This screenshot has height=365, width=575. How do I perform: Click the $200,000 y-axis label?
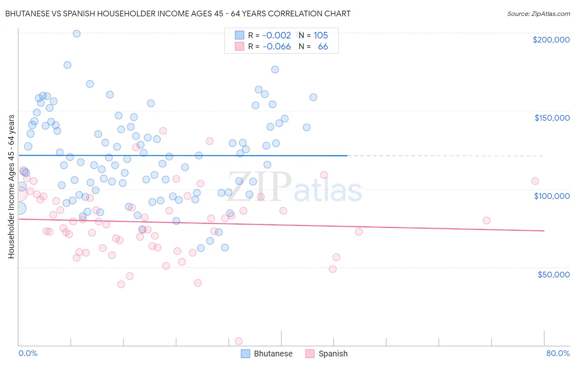pyautogui.click(x=551, y=40)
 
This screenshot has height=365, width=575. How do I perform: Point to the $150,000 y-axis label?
pyautogui.click(x=552, y=118)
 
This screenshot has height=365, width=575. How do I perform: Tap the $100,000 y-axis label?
pyautogui.click(x=552, y=196)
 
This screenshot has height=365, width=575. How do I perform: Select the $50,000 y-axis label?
pyautogui.click(x=553, y=274)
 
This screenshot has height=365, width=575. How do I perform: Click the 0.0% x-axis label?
pyautogui.click(x=28, y=353)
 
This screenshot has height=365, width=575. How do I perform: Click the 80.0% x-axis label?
pyautogui.click(x=558, y=353)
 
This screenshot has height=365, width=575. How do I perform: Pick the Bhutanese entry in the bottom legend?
pyautogui.click(x=267, y=354)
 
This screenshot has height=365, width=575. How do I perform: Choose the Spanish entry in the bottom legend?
pyautogui.click(x=326, y=354)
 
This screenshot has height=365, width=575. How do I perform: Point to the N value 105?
pyautogui.click(x=321, y=36)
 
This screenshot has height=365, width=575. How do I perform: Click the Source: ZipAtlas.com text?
pyautogui.click(x=538, y=14)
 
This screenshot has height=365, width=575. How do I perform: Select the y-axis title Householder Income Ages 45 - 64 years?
pyautogui.click(x=11, y=187)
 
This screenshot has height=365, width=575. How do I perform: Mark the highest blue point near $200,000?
pyautogui.click(x=76, y=34)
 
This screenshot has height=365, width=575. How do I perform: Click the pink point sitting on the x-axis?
pyautogui.click(x=239, y=341)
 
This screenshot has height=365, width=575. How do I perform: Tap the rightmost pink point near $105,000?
pyautogui.click(x=535, y=181)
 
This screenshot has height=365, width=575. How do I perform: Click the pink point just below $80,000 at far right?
pyautogui.click(x=486, y=220)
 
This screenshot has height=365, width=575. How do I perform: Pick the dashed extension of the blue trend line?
pyautogui.click(x=446, y=156)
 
